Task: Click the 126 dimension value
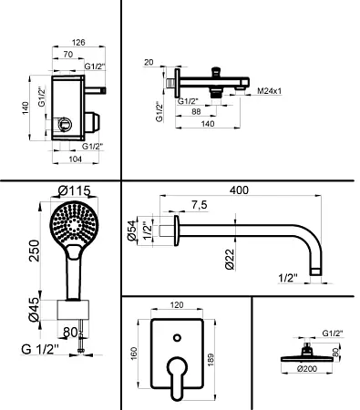pyautogui.click(x=78, y=43)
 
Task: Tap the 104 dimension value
pyautogui.click(x=76, y=159)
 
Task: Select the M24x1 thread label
pyautogui.click(x=270, y=90)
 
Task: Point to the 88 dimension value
pyautogui.click(x=196, y=111)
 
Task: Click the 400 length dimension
pyautogui.click(x=239, y=190)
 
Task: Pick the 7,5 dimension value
pyautogui.click(x=199, y=205)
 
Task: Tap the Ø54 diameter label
pyautogui.click(x=132, y=231)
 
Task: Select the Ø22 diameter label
pyautogui.click(x=230, y=260)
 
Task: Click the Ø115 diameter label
pyautogui.click(x=75, y=191)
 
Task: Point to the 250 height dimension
pyautogui.click(x=35, y=251)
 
